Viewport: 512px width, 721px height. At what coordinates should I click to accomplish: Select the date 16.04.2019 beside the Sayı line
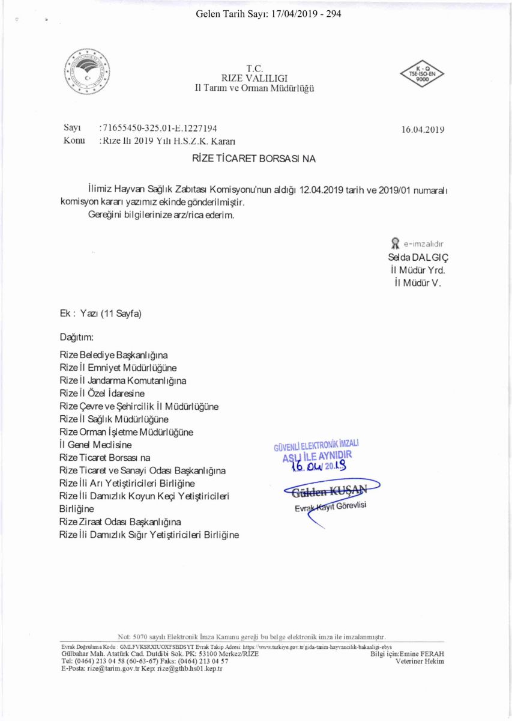[x=423, y=129]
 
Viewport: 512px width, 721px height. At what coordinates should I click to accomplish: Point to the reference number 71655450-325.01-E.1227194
[x=160, y=128]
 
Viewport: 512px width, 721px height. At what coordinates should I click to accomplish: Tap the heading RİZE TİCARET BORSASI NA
[x=253, y=159]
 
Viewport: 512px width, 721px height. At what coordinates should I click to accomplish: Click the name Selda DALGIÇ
[x=419, y=256]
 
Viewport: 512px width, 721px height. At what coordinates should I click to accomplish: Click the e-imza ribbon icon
[x=395, y=243]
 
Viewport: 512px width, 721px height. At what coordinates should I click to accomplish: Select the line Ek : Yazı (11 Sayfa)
[x=100, y=313]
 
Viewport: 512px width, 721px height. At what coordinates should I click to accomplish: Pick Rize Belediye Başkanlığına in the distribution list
[x=113, y=356]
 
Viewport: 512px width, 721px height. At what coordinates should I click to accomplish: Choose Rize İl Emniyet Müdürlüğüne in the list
[x=118, y=368]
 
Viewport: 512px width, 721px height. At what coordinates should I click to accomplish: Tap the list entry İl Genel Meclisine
[x=95, y=445]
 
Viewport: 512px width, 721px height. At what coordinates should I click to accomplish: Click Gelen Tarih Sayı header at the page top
[x=268, y=13]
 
